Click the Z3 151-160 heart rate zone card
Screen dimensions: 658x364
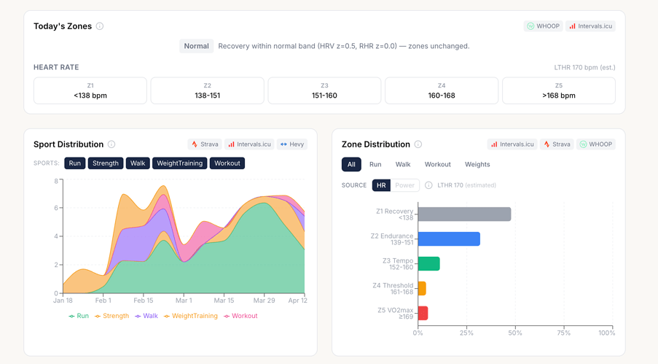pos(324,90)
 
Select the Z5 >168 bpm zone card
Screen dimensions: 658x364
pos(559,90)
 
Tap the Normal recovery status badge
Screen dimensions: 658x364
pos(197,46)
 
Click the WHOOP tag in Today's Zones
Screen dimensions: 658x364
pos(543,26)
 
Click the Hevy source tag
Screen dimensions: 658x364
pos(292,144)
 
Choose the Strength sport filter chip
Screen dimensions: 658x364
pos(106,163)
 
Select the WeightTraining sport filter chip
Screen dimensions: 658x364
pos(179,163)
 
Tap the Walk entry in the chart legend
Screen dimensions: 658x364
pos(146,316)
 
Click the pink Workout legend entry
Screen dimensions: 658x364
pos(240,316)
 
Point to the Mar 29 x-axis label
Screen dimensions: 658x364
pos(264,301)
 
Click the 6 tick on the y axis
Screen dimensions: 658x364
pos(56,208)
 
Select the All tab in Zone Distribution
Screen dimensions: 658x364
pos(351,164)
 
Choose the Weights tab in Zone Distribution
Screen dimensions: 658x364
pos(477,164)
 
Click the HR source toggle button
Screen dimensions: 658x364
pos(381,185)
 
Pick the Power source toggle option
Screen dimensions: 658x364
pos(404,185)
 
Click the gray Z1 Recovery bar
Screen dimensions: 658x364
pos(464,214)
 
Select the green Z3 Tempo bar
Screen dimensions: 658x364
pos(428,263)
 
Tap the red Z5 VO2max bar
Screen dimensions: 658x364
pos(423,313)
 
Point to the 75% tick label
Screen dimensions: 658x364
pos(563,333)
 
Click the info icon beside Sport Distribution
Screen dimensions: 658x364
pos(111,144)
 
